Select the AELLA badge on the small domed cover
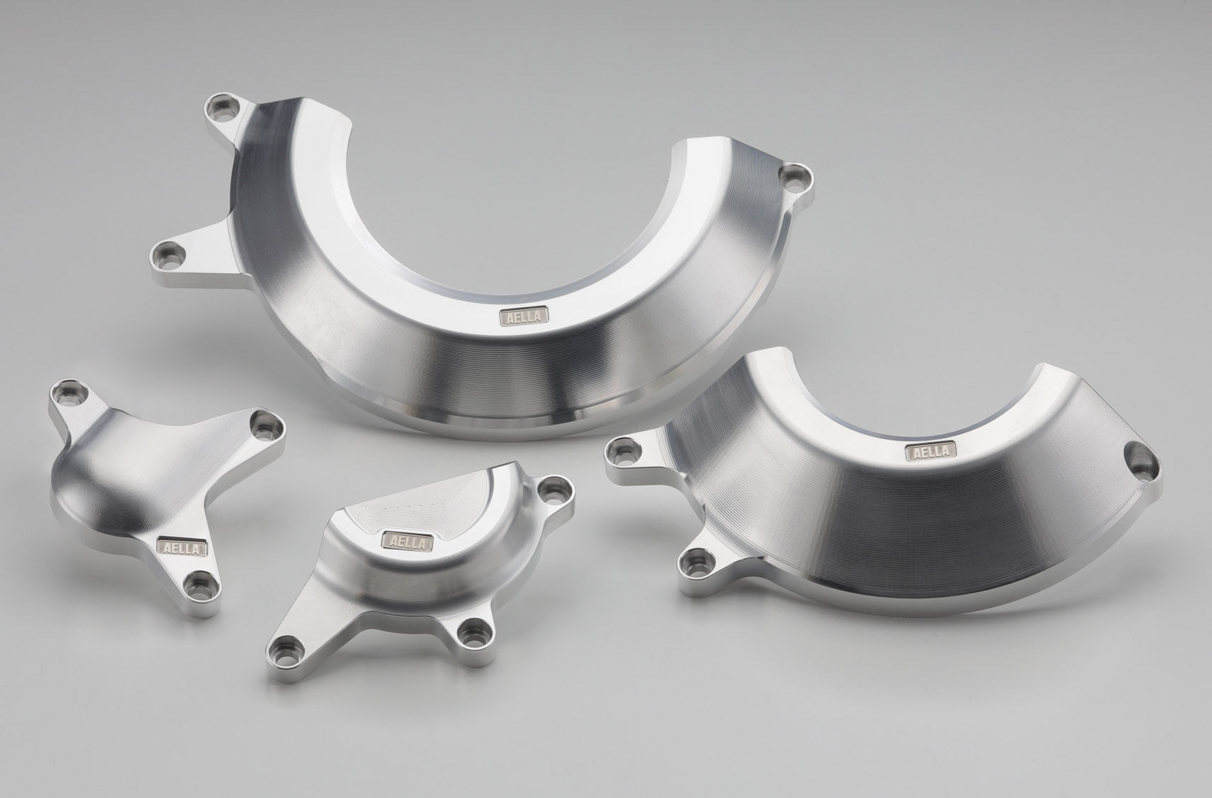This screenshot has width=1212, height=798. pyautogui.click(x=408, y=541)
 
